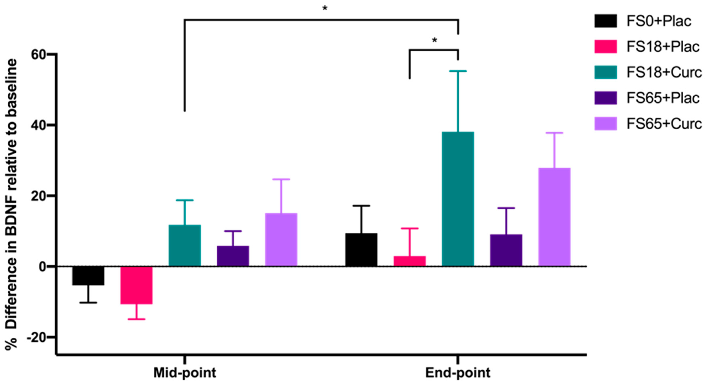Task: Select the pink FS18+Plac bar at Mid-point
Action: (136, 285)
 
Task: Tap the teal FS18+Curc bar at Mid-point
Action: (185, 245)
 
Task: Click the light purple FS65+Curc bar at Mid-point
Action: (281, 240)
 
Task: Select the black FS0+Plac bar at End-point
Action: (361, 250)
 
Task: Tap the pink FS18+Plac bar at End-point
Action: (410, 261)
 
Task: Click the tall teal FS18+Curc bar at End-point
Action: (458, 199)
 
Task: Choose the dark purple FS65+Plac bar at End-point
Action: (506, 250)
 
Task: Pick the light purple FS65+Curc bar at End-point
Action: (554, 217)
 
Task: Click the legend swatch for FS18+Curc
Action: (606, 72)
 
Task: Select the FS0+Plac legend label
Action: (659, 21)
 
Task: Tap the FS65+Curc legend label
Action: (664, 124)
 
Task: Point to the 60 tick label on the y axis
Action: (39, 54)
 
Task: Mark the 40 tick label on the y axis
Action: (39, 125)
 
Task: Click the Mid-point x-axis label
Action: (185, 373)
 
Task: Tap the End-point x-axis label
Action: (457, 373)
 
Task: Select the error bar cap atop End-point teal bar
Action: (458, 71)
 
